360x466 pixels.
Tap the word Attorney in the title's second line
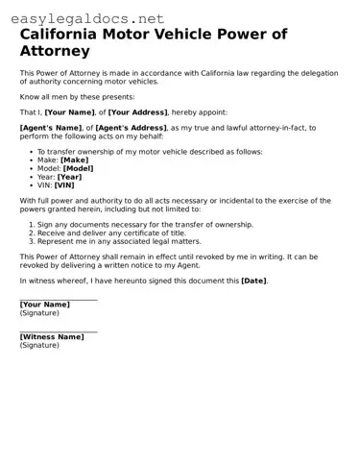click(x=55, y=51)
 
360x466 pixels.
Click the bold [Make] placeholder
click(x=74, y=159)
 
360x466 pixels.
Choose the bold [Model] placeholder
click(x=80, y=168)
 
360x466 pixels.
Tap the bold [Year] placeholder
click(x=69, y=177)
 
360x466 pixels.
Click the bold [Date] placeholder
click(x=253, y=281)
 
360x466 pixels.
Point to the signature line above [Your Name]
click(x=59, y=299)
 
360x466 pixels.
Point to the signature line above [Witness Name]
click(x=59, y=331)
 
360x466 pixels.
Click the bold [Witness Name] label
click(x=52, y=337)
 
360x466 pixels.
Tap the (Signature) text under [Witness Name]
click(x=39, y=346)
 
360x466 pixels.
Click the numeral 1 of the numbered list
click(x=31, y=224)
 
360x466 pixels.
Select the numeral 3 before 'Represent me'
click(x=31, y=241)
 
